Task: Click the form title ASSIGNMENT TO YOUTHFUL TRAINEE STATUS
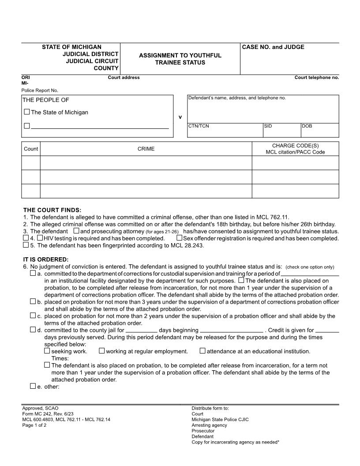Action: [180, 59]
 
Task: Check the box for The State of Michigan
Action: [27, 112]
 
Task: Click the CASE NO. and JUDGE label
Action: [273, 47]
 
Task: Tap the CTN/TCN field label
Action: [199, 126]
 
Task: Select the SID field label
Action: [268, 126]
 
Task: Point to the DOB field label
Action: [307, 126]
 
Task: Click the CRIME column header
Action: [146, 149]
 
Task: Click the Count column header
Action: [31, 149]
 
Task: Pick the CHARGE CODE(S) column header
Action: [295, 146]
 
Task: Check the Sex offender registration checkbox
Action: [179, 238]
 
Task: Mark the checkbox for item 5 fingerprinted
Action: [26, 245]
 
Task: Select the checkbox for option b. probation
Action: [33, 301]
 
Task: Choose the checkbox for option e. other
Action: [33, 386]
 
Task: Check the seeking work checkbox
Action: [47, 351]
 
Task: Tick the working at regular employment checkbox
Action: [101, 351]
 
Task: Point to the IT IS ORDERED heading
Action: [45, 259]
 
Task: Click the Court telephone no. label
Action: [316, 78]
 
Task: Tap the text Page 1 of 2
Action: [34, 425]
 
